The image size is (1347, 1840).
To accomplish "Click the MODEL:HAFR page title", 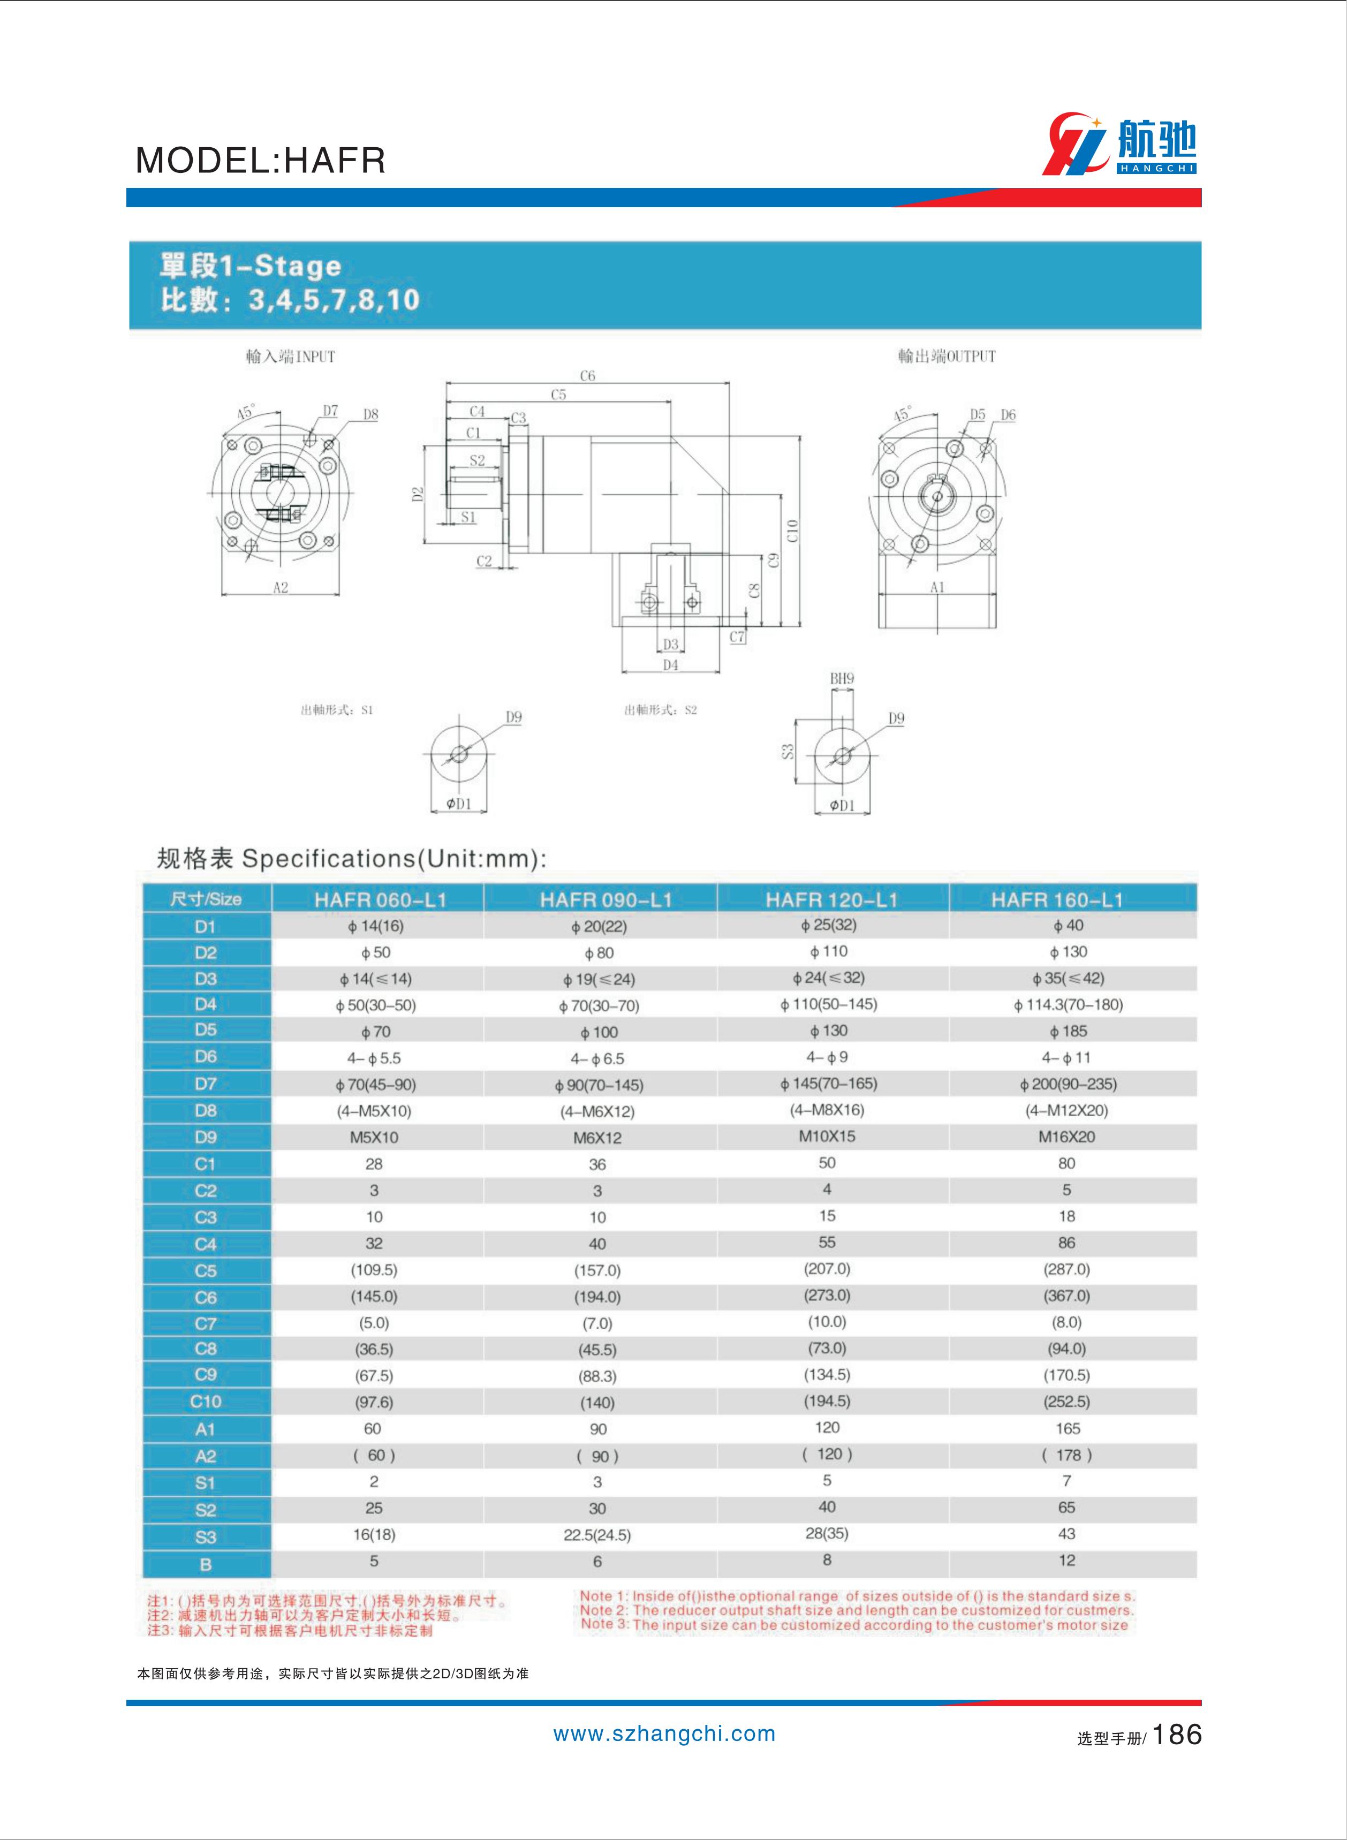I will click(x=260, y=161).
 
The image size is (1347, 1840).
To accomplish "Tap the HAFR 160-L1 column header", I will click(x=1057, y=900).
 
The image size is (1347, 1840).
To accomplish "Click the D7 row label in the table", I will click(x=206, y=1084).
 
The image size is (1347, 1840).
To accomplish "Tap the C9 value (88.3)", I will click(x=597, y=1376).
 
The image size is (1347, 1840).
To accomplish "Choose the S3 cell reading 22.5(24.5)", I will click(x=597, y=1535).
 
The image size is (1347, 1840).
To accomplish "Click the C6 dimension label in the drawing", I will click(x=587, y=376).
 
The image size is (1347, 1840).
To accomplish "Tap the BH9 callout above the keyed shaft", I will click(x=842, y=678).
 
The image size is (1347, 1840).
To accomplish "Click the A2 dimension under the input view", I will click(x=281, y=587).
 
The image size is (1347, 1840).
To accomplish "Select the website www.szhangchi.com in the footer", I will click(x=664, y=1734).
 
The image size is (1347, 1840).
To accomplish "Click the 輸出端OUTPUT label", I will click(x=947, y=356).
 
